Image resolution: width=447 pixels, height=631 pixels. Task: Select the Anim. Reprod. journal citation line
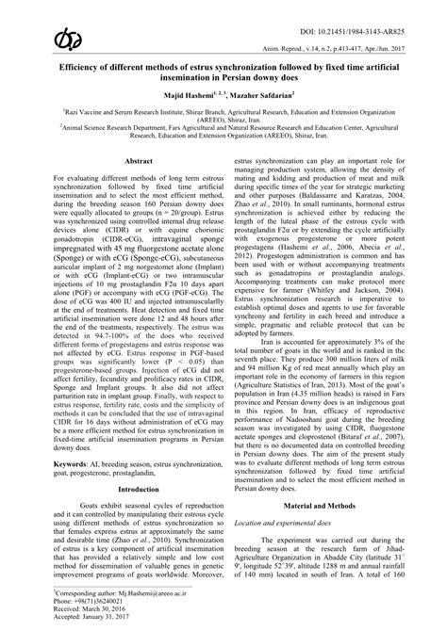(x=356, y=54)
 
